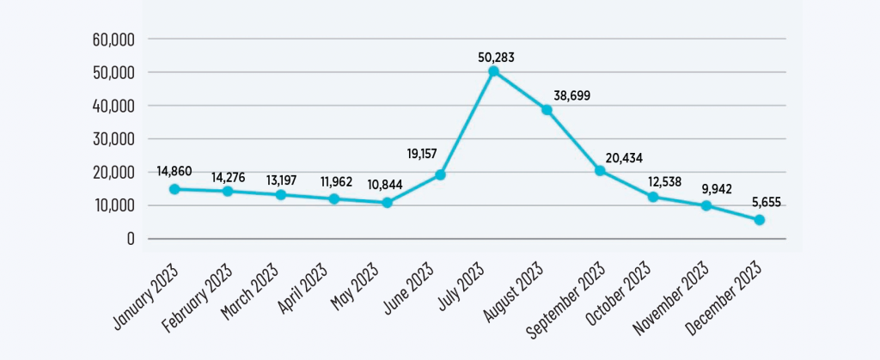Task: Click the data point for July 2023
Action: [x=493, y=71]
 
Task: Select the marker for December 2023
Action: [x=760, y=220]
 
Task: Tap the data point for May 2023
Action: [x=387, y=203]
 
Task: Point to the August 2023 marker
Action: [x=547, y=110]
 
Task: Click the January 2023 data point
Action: [x=174, y=189]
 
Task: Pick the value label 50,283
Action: [x=496, y=57]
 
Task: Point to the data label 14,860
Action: [x=174, y=171]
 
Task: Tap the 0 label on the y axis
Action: [x=131, y=239]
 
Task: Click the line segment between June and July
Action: [x=467, y=123]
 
